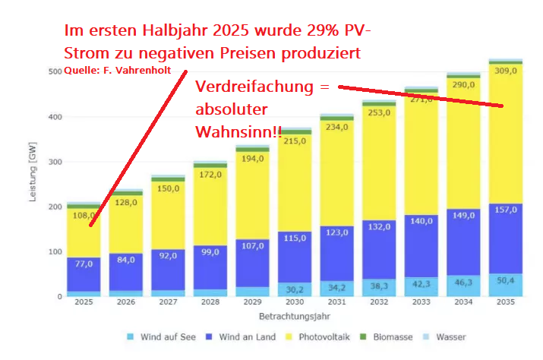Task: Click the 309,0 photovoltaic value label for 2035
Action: point(505,70)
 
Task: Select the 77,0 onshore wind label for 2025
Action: point(84,264)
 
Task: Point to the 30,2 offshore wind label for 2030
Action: point(294,289)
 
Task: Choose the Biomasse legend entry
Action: point(391,336)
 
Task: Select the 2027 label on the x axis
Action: point(167,302)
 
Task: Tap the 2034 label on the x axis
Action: point(462,302)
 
